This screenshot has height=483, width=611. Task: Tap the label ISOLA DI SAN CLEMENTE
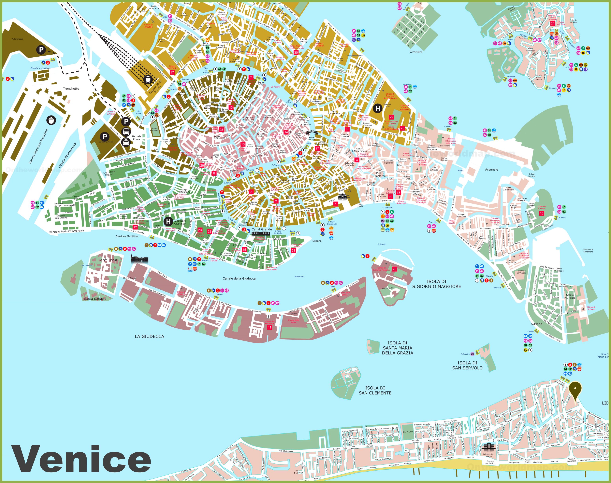click(375, 391)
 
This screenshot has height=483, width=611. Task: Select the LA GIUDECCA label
click(149, 337)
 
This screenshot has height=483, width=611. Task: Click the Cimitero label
click(416, 52)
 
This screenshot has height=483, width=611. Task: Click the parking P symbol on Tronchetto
click(41, 50)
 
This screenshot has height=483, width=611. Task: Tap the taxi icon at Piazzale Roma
click(126, 142)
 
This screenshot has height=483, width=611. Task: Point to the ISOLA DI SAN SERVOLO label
click(467, 365)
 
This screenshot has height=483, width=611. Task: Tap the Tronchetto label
click(71, 89)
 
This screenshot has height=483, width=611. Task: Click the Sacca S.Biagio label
click(95, 299)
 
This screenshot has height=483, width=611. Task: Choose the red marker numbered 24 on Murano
click(552, 23)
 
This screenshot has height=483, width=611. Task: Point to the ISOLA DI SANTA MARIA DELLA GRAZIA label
click(397, 348)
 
